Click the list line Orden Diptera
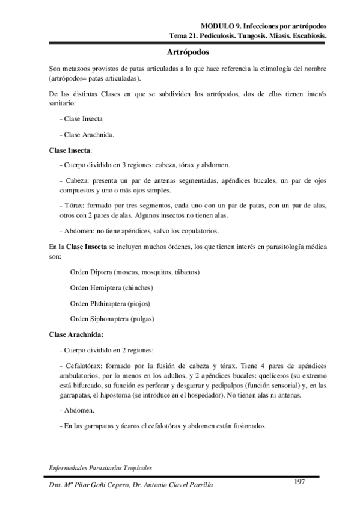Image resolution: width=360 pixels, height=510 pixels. pos(135,272)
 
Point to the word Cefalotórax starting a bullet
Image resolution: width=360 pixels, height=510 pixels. pos(85,366)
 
